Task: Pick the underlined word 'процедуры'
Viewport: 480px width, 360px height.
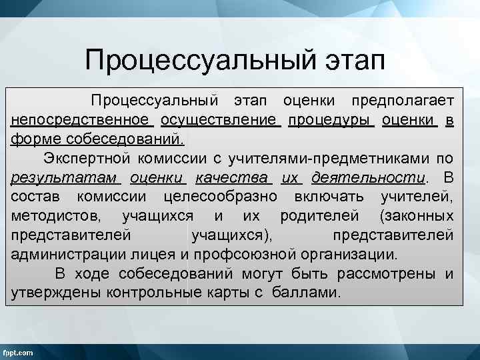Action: pyautogui.click(x=330, y=120)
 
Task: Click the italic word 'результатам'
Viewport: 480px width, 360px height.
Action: pyautogui.click(x=65, y=178)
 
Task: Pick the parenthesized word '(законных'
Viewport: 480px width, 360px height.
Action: pyautogui.click(x=417, y=216)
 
